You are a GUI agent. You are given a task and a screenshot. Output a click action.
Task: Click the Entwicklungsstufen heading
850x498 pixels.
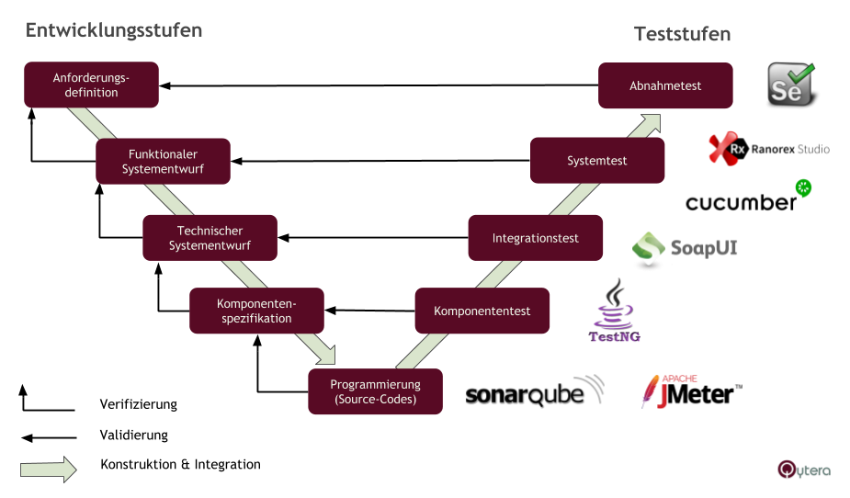[x=114, y=30]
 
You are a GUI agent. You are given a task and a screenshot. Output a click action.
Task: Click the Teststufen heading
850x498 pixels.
[x=682, y=34]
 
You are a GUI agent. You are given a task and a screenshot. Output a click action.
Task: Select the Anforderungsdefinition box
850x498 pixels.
[x=91, y=85]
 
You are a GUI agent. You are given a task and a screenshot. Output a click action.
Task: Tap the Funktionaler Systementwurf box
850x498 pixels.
[x=163, y=162]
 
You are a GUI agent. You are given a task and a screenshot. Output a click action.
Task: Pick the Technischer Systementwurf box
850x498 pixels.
[x=210, y=238]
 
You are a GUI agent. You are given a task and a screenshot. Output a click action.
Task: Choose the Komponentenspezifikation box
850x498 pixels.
[x=256, y=311]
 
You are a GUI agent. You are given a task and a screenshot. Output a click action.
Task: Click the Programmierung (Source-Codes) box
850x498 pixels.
[x=375, y=392]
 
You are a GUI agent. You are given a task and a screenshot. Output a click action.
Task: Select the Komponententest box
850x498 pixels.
[x=482, y=311]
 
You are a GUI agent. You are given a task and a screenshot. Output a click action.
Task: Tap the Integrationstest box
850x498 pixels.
[x=535, y=238]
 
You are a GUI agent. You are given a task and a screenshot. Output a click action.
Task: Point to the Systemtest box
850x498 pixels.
[x=597, y=161]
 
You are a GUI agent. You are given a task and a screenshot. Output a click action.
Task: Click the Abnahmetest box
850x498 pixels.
[x=665, y=85]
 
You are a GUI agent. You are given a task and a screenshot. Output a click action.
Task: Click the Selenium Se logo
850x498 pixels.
[x=790, y=83]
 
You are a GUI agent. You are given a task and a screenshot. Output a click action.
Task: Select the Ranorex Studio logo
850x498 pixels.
[x=768, y=148]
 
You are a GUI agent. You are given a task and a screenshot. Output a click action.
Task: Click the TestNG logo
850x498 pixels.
[x=615, y=313]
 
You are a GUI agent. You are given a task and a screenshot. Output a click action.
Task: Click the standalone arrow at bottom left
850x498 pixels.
[x=49, y=470]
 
